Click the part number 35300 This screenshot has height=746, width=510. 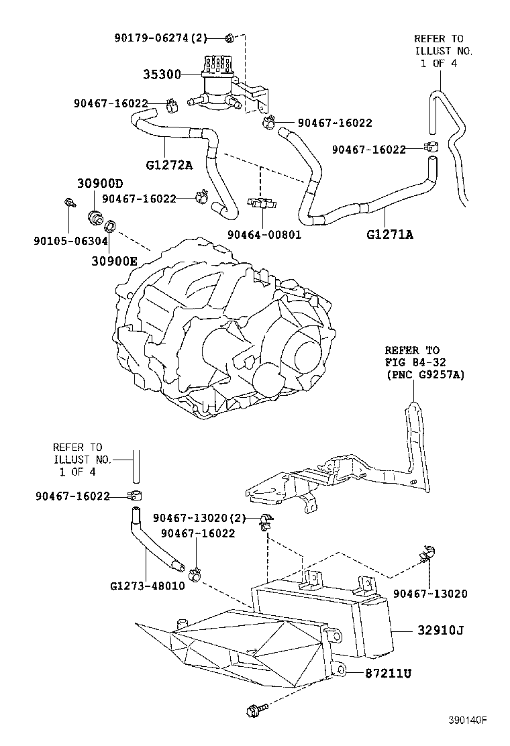tap(162, 74)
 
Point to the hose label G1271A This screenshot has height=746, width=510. tap(390, 234)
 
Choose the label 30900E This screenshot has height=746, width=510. tap(114, 262)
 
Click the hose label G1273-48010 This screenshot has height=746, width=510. tap(147, 585)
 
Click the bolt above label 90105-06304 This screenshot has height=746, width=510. tap(68, 202)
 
